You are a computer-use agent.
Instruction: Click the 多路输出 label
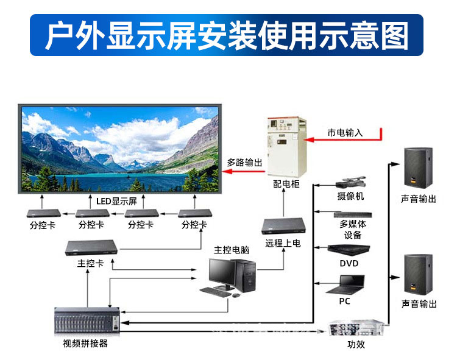point(244,163)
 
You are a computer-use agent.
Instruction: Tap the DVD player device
point(349,249)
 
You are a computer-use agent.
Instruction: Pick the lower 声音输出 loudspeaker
point(419,273)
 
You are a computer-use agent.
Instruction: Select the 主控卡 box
point(91,247)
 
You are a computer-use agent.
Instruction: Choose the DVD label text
point(349,263)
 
